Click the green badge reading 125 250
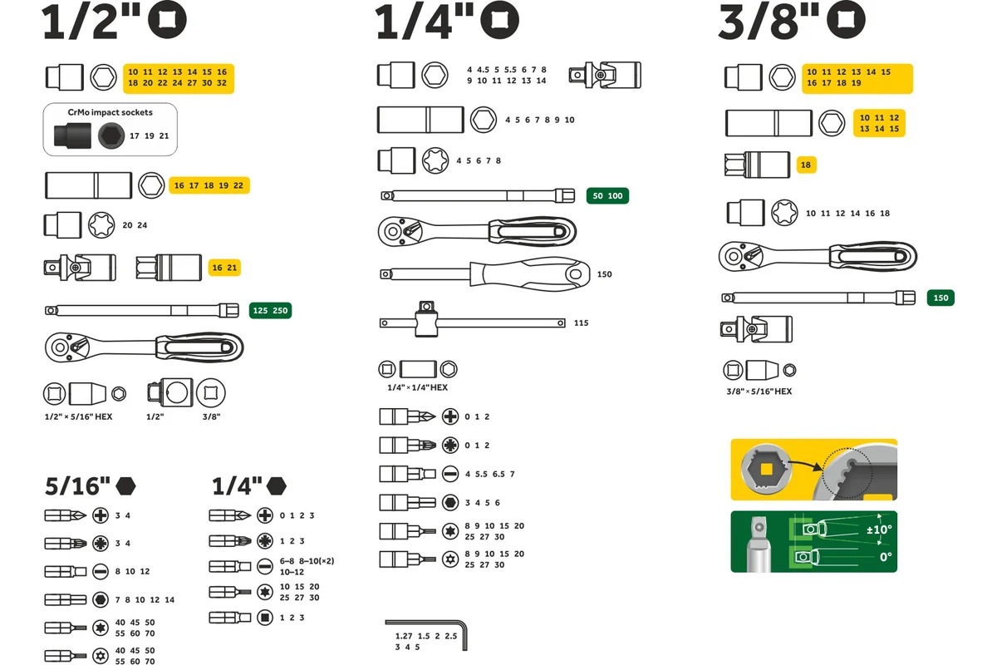coord(270,310)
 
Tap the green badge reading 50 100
coord(607,196)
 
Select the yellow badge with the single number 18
coord(806,165)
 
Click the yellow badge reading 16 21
coord(224,268)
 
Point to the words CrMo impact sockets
coord(110,112)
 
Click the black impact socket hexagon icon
coord(111,135)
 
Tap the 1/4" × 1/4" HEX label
coord(417,387)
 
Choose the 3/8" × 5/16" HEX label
coord(759,392)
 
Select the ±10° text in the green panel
coord(879,530)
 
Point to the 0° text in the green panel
coord(886,557)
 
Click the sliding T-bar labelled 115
coord(472,323)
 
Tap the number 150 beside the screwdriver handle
coord(605,274)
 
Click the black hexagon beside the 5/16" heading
coord(125,486)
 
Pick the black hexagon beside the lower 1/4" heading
coord(276,486)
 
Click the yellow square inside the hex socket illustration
coord(766,469)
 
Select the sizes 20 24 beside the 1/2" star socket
coord(135,225)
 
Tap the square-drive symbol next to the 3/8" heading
coord(846,20)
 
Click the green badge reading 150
coord(941,298)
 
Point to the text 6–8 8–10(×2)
coord(307,561)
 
